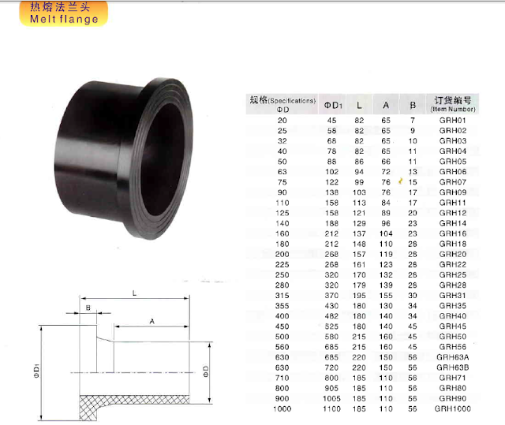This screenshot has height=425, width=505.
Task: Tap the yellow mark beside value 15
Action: [x=402, y=181]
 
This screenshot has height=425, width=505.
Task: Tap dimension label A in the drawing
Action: [x=150, y=322]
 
